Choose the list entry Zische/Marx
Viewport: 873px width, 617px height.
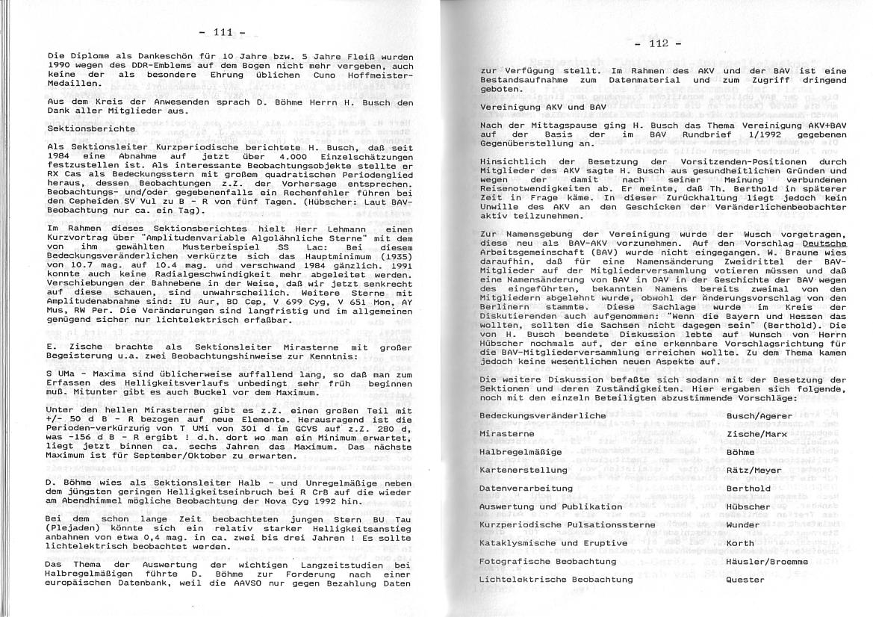[x=757, y=433]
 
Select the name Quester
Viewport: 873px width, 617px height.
[x=745, y=579]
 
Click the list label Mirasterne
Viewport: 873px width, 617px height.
[x=509, y=433]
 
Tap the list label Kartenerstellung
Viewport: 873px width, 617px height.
[x=524, y=470]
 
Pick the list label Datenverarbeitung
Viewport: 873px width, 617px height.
[x=526, y=489]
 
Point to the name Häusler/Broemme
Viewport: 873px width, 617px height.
[x=767, y=561]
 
